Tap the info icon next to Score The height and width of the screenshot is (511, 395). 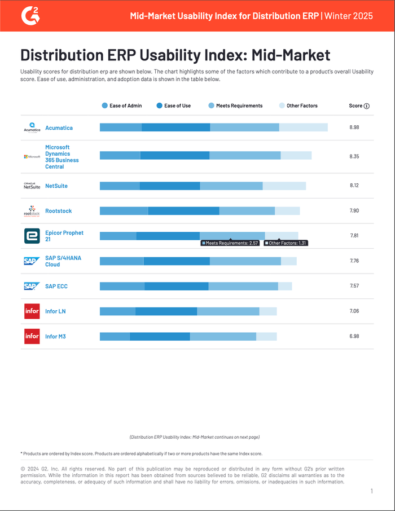click(367, 106)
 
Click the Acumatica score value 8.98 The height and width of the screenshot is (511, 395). click(354, 127)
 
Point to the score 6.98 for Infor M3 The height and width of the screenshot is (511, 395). click(354, 337)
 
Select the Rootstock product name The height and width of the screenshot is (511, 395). click(58, 211)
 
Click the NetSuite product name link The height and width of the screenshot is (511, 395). click(56, 186)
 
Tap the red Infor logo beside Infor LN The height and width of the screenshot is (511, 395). click(32, 311)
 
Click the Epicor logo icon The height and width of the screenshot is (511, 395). click(32, 236)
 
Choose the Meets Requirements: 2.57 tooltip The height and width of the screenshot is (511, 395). click(230, 243)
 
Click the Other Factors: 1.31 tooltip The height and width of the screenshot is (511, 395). click(286, 243)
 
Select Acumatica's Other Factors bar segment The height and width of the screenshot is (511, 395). click(303, 127)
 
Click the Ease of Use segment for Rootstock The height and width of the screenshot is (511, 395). click(183, 211)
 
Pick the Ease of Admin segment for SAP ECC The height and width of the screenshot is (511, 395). click(122, 287)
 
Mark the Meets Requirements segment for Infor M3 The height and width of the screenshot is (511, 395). click(223, 337)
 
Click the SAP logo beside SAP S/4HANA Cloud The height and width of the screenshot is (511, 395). click(32, 261)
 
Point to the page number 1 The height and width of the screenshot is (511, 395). click(372, 491)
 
